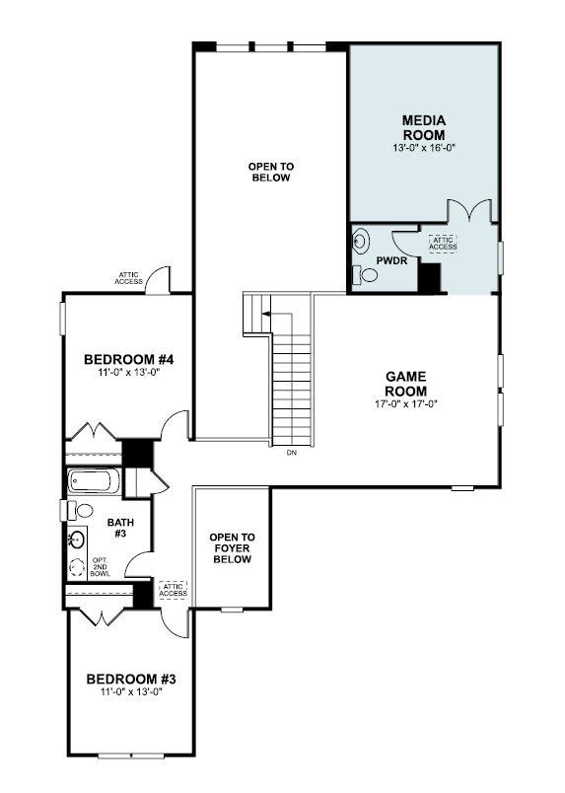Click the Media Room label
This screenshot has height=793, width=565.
tap(423, 127)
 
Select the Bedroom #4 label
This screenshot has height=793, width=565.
tap(128, 359)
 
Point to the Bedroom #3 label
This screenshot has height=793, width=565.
tap(130, 679)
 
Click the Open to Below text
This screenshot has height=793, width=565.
tap(270, 173)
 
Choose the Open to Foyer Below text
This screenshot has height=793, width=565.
tap(232, 547)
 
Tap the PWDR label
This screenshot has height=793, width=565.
tap(391, 260)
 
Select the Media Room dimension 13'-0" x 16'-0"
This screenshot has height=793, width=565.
tap(423, 148)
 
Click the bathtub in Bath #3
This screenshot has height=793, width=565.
tap(93, 481)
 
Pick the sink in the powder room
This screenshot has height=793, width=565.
tap(361, 240)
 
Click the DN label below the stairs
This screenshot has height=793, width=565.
tap(291, 453)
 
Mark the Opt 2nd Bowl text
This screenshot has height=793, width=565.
tap(100, 567)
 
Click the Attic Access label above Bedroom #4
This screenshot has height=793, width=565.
tap(130, 279)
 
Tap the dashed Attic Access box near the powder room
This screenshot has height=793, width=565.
tap(443, 243)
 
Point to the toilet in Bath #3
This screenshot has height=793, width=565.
tap(80, 510)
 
